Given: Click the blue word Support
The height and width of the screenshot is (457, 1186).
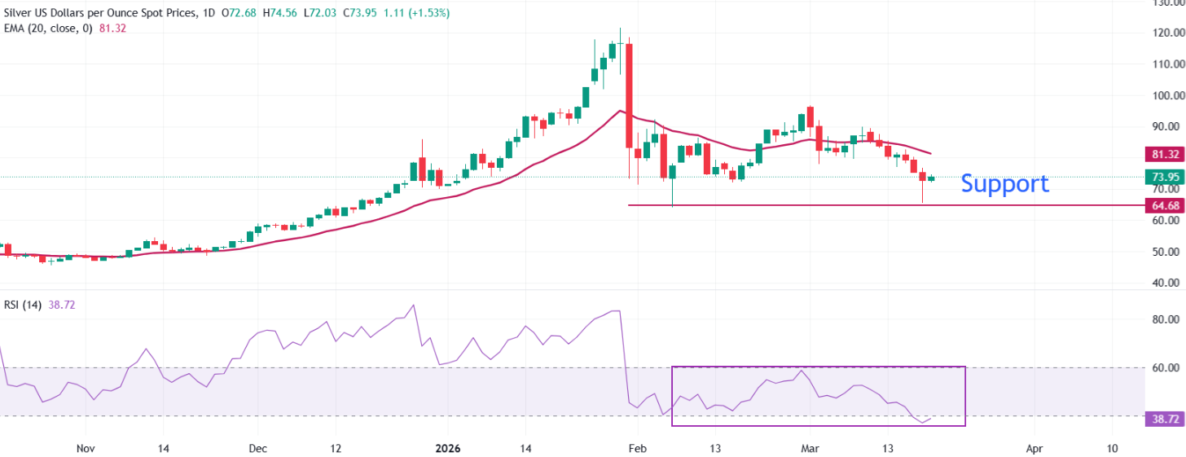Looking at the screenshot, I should click(1004, 183).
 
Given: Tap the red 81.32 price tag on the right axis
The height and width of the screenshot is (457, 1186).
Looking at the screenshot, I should click(1162, 154).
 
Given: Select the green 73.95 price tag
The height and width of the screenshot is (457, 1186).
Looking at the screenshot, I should click(1162, 177).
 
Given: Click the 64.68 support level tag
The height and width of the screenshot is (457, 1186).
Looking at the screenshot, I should click(1162, 204).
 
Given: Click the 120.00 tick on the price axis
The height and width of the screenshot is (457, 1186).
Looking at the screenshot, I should click(1162, 33).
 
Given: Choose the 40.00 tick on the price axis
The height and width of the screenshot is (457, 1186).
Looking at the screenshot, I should click(1162, 283).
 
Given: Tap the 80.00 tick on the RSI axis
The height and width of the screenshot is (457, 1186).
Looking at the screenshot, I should click(1162, 320).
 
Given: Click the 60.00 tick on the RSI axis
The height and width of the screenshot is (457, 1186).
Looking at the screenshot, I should click(1162, 368).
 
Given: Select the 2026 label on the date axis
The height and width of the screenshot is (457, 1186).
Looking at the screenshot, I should click(448, 448).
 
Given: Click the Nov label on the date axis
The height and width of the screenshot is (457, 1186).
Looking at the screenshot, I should click(86, 448).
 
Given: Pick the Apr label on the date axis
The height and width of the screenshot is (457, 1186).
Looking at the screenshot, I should click(1034, 448).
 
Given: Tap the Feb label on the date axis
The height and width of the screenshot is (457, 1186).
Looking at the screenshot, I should click(638, 448).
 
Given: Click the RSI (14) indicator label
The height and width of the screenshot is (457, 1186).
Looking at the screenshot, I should click(23, 305).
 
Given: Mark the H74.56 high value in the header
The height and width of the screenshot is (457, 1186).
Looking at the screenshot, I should click(280, 13).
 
